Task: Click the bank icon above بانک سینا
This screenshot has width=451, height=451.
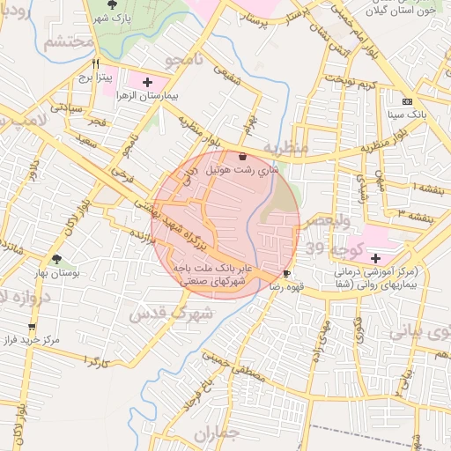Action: (x=406, y=102)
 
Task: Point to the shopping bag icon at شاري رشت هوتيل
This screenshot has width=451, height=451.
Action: (x=242, y=156)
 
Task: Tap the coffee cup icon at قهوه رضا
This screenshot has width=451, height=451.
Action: (x=286, y=274)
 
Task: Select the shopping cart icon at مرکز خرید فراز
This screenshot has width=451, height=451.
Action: (x=11, y=338)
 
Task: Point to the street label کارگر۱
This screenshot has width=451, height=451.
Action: (x=91, y=360)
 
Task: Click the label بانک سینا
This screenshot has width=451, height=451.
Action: (x=407, y=115)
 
